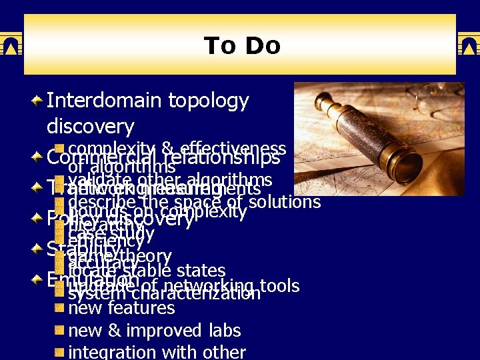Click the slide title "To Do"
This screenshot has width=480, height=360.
pos(241,46)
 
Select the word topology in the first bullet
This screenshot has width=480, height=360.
pos(209,101)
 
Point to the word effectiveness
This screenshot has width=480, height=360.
pos(233,148)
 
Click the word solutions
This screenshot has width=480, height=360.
pos(283,201)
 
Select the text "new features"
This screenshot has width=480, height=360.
pos(121,308)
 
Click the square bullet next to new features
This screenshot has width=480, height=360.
pos(59,309)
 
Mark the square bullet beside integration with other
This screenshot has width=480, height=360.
pos(59,351)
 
